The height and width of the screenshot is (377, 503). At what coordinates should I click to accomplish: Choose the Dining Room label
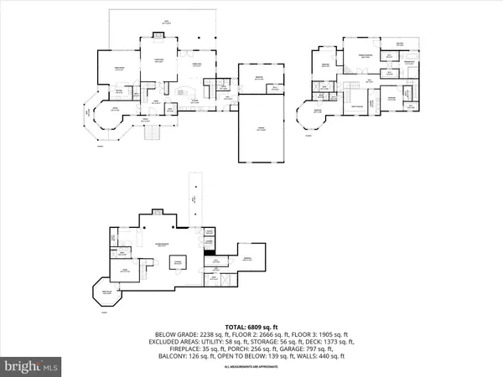(x=119, y=71)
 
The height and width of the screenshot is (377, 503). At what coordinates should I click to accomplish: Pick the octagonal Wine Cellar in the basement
(x=106, y=292)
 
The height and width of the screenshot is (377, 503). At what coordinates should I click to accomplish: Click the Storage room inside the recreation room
(x=179, y=262)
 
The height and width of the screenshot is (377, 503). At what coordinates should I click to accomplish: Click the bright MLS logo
(x=32, y=365)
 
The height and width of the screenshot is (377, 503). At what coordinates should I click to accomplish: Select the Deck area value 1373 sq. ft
(x=332, y=342)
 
